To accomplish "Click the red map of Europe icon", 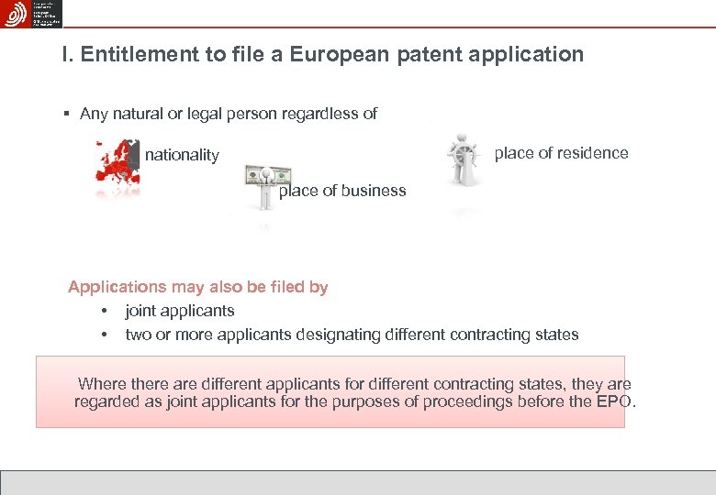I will pyautogui.click(x=117, y=166).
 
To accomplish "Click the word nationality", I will pyautogui.click(x=182, y=155).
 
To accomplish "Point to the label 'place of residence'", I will pyautogui.click(x=561, y=153).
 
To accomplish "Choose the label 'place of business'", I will pyautogui.click(x=341, y=191).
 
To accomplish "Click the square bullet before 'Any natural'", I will pyautogui.click(x=67, y=115).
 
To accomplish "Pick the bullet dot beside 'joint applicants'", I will pyautogui.click(x=106, y=311).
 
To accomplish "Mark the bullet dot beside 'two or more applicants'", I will pyautogui.click(x=106, y=335).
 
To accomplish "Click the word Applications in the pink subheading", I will pyautogui.click(x=117, y=287).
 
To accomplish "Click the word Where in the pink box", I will pyautogui.click(x=101, y=384).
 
